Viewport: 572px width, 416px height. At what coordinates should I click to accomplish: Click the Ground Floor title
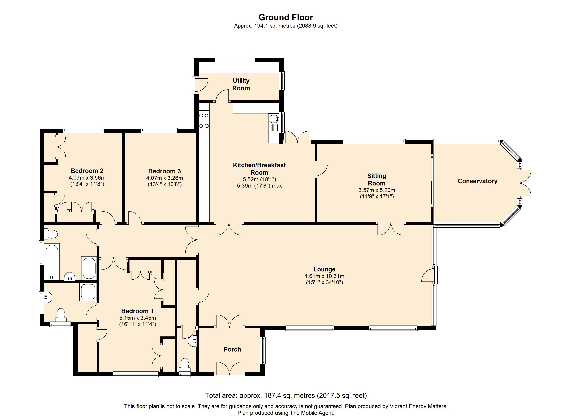pyautogui.click(x=286, y=17)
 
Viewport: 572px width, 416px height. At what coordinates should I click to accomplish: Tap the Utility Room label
pyautogui.click(x=241, y=84)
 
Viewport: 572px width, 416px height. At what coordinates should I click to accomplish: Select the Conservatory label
pyautogui.click(x=477, y=181)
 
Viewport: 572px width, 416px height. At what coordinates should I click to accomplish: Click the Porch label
pyautogui.click(x=232, y=349)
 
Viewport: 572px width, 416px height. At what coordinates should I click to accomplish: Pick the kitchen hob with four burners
pyautogui.click(x=204, y=121)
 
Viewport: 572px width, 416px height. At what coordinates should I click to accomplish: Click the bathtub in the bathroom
pyautogui.click(x=52, y=261)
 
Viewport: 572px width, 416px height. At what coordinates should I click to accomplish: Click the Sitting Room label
pyautogui.click(x=376, y=180)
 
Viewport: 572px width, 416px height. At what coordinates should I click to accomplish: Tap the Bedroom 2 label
pyautogui.click(x=87, y=171)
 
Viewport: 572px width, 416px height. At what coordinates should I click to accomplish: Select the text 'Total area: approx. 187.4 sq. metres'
pyautogui.click(x=260, y=395)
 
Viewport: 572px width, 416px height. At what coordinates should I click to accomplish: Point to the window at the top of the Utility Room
pyautogui.click(x=235, y=59)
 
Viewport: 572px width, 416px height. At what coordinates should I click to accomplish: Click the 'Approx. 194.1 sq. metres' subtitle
pyautogui.click(x=265, y=26)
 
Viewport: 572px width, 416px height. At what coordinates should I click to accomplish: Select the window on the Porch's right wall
pyautogui.click(x=263, y=350)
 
